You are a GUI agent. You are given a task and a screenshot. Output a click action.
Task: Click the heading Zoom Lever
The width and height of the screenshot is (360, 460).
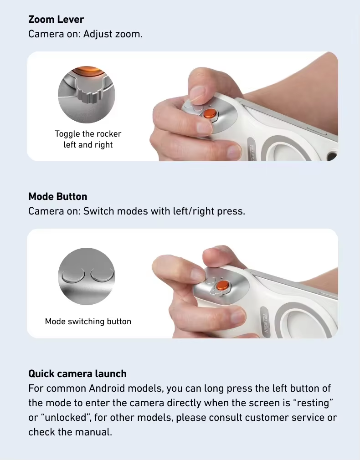click(56, 20)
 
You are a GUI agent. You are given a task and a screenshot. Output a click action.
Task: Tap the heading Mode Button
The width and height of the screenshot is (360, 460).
click(57, 197)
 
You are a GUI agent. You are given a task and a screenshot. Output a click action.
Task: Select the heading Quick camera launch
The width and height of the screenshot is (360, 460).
click(77, 374)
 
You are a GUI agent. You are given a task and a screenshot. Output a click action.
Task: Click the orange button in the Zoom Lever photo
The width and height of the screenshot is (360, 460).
click(210, 113)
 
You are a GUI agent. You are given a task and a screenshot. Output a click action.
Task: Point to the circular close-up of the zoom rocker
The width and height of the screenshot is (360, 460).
click(87, 95)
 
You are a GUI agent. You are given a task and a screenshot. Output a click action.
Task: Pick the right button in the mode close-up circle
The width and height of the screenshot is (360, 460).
click(102, 275)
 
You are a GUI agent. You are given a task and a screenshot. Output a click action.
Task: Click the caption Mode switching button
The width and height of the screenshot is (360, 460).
click(88, 322)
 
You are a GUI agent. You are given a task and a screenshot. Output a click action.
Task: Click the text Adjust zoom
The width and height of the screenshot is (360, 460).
click(113, 34)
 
